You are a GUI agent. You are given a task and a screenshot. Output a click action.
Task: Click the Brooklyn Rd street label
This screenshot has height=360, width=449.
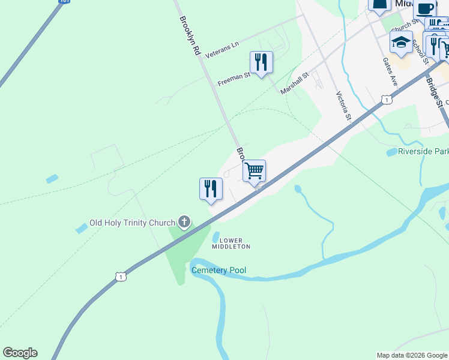tap(189, 36)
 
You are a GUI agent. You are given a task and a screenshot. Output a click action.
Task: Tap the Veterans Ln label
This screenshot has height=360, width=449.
tap(221, 50)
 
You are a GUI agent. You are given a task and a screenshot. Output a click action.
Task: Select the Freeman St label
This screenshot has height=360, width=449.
tap(234, 79)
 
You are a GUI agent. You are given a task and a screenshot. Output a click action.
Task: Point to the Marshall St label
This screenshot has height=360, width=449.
tap(294, 83)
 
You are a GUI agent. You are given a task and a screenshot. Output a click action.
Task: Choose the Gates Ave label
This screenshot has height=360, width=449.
tap(390, 71)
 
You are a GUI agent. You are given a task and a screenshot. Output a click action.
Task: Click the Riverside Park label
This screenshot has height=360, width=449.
tap(424, 152)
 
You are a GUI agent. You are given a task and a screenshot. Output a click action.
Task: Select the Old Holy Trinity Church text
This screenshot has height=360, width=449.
tap(132, 223)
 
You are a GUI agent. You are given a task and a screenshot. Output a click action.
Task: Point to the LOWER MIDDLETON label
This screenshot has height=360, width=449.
tap(231, 243)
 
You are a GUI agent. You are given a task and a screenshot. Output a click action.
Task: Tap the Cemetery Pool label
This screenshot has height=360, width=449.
tap(218, 271)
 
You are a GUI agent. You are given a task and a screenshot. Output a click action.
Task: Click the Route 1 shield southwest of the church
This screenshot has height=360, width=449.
tap(121, 277)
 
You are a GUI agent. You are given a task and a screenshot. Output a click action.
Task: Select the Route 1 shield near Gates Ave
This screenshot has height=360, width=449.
tap(387, 100)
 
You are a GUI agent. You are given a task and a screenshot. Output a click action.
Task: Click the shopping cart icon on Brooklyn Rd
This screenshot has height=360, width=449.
tap(255, 170)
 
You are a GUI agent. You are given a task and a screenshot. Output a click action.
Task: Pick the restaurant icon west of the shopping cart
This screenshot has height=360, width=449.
tap(211, 188)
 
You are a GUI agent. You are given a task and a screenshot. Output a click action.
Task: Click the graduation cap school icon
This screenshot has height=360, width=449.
tap(400, 42)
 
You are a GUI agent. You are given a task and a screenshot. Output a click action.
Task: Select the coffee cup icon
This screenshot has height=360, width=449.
tap(424, 8)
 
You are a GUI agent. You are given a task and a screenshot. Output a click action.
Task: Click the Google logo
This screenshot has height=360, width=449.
tap(20, 353)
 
